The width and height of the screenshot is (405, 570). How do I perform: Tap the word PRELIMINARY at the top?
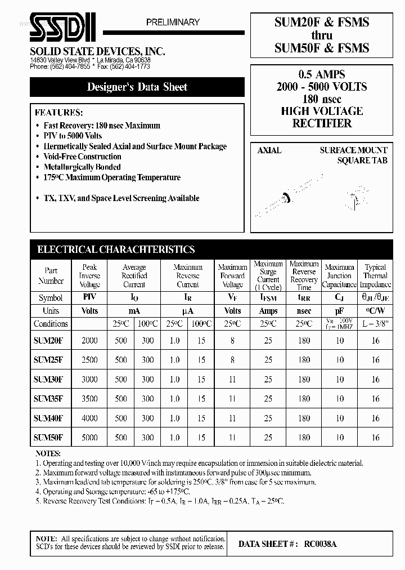(x=173, y=22)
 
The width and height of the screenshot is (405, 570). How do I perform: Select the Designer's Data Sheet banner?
(x=137, y=87)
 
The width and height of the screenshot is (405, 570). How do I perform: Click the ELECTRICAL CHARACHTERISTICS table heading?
(x=116, y=250)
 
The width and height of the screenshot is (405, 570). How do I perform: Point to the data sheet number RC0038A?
(x=321, y=544)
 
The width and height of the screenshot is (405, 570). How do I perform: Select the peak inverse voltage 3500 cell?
(x=89, y=398)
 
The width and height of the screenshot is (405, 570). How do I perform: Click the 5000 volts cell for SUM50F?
(x=89, y=437)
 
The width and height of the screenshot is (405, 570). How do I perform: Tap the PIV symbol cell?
(x=89, y=297)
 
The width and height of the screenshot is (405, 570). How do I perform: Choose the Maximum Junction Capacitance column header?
(x=340, y=276)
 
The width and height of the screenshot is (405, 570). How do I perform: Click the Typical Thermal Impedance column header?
(x=375, y=276)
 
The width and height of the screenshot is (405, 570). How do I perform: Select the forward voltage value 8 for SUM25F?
(x=232, y=359)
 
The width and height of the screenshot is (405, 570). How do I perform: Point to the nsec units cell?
(x=304, y=310)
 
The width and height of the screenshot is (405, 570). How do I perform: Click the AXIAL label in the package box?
(x=269, y=150)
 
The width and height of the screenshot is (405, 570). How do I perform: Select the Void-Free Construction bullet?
(x=82, y=157)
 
